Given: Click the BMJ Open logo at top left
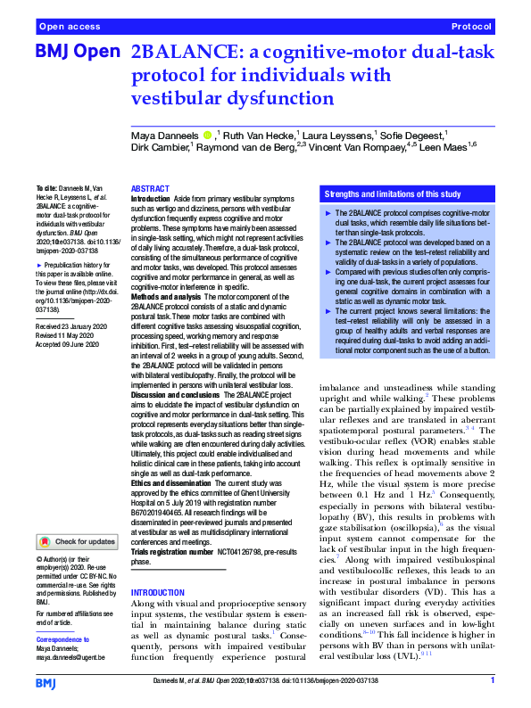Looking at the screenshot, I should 77,54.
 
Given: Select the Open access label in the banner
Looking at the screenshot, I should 68,28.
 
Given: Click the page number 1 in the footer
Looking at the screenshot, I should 492,683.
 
